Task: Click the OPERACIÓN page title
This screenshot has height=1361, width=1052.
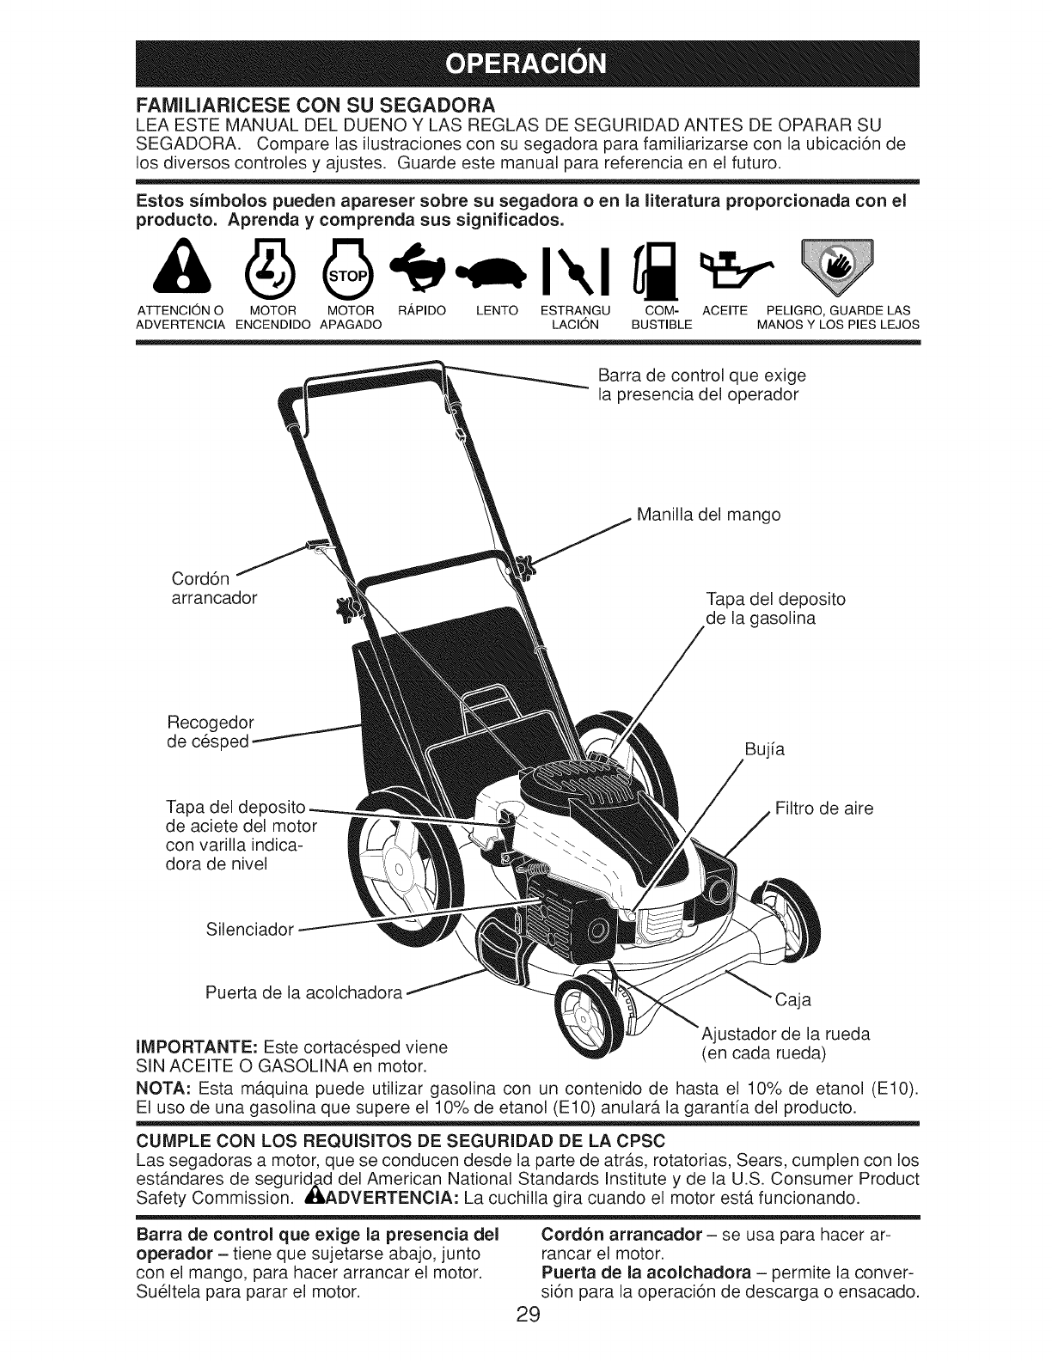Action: pos(525,64)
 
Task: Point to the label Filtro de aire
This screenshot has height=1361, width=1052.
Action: pos(824,809)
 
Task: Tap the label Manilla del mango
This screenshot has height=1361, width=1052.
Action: pos(709,515)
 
